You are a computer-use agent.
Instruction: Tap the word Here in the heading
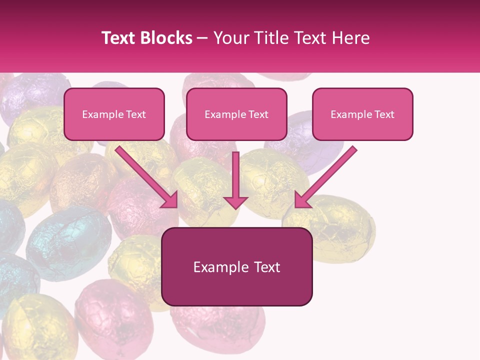(x=350, y=38)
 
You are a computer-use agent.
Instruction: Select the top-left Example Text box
(x=114, y=114)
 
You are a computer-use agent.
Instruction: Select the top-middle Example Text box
(x=236, y=114)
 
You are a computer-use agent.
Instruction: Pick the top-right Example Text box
(x=362, y=114)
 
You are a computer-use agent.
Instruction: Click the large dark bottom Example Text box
(x=236, y=266)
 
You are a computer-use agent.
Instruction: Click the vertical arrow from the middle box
(x=235, y=175)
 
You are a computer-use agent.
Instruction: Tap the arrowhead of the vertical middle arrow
(x=235, y=202)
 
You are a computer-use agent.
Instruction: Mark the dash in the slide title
(x=202, y=38)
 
